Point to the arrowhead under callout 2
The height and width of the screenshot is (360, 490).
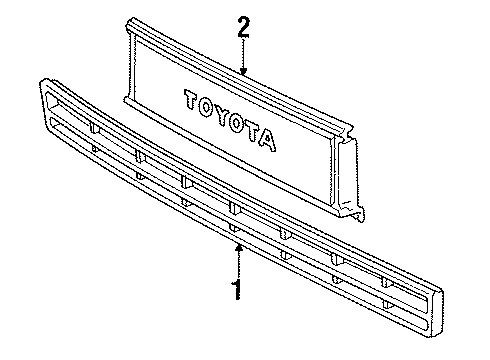click(243, 71)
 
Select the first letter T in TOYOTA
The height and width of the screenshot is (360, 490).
click(188, 99)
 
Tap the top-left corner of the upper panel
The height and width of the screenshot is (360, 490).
click(131, 19)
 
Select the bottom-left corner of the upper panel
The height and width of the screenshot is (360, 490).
click(124, 99)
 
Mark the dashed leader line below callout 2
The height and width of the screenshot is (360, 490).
click(243, 56)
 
